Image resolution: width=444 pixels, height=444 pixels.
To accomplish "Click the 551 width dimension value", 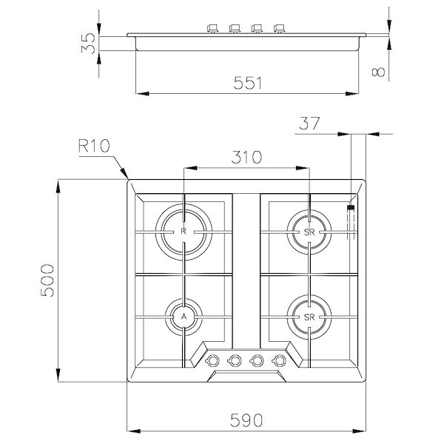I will [244, 83].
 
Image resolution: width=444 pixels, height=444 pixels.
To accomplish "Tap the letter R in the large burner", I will [183, 231].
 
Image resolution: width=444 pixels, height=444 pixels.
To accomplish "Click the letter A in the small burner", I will [183, 316].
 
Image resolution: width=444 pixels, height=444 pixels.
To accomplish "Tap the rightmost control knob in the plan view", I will [280, 360].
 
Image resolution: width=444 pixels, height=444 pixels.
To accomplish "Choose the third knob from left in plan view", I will [258, 360].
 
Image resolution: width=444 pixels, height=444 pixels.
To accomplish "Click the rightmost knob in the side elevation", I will [280, 30].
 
